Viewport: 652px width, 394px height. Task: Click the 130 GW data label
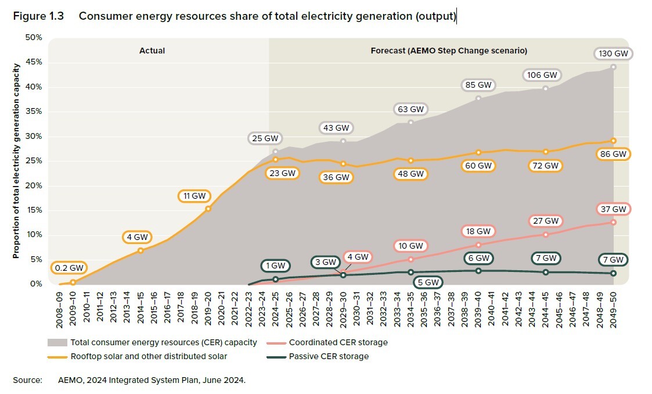coord(613,53)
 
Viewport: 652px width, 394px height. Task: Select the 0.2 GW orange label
coord(69,268)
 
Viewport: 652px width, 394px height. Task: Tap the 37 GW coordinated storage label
coord(614,209)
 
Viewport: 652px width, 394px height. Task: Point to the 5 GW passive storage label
coord(428,282)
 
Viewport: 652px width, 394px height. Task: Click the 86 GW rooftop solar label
coord(614,155)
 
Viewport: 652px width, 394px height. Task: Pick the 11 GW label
coord(194,196)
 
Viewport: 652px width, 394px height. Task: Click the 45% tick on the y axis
coord(34,62)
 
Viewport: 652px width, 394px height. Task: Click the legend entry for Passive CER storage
coord(329,356)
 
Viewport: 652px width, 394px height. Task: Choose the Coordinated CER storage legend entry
coord(338,342)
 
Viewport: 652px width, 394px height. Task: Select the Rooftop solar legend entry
coord(149,356)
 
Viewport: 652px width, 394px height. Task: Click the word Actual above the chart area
coord(152,51)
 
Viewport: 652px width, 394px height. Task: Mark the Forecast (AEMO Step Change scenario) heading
coord(449,51)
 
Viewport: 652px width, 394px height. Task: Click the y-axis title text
coord(17,161)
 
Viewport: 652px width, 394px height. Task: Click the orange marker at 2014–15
coord(141,250)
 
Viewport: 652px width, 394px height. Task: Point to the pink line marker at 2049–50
coord(613,222)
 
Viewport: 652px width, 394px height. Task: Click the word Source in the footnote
coord(27,381)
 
